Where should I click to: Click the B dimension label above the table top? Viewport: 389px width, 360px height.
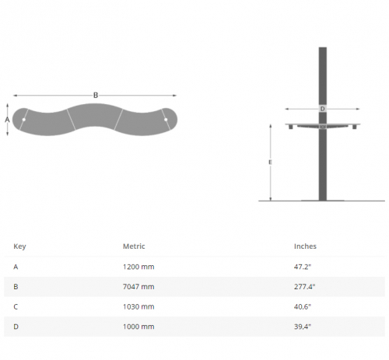tap(96, 96)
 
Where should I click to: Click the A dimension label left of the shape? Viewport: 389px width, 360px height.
tap(7, 120)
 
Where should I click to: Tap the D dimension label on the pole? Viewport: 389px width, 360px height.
tap(322, 109)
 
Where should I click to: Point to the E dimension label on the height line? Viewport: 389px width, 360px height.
tap(270, 163)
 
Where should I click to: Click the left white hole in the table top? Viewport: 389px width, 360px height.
tap(24, 120)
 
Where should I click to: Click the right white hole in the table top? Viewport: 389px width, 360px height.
tap(166, 120)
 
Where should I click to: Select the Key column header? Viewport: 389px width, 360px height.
tap(19, 246)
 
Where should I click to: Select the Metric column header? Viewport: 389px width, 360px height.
tap(134, 246)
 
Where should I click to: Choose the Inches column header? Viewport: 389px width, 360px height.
tap(305, 246)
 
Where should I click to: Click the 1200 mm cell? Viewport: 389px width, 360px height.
tap(138, 267)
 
